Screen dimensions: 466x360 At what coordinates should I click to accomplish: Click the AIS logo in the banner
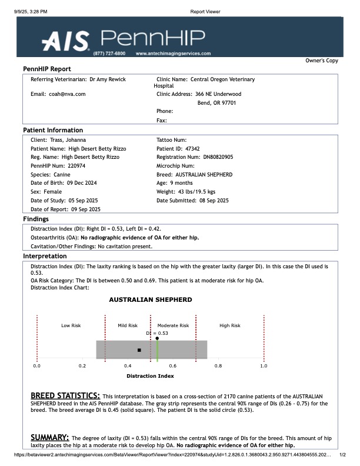tap(65, 40)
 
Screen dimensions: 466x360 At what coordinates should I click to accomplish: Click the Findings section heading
tap(35, 219)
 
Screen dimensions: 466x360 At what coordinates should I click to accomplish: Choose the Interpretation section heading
tap(44, 257)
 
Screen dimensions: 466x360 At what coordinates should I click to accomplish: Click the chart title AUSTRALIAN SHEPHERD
tap(151, 299)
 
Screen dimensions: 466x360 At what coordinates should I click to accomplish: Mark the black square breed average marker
tap(139, 350)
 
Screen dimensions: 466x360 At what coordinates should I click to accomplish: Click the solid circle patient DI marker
tap(157, 338)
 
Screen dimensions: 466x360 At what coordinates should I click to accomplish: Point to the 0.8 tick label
tap(218, 366)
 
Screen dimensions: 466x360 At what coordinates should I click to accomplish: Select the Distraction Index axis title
tap(150, 375)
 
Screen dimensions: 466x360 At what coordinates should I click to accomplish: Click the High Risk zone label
tap(229, 325)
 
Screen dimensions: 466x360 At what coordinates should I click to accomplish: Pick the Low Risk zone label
tap(71, 325)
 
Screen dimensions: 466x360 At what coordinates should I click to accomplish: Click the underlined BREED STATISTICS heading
tap(65, 395)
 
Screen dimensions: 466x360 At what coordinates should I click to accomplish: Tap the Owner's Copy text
tap(322, 61)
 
